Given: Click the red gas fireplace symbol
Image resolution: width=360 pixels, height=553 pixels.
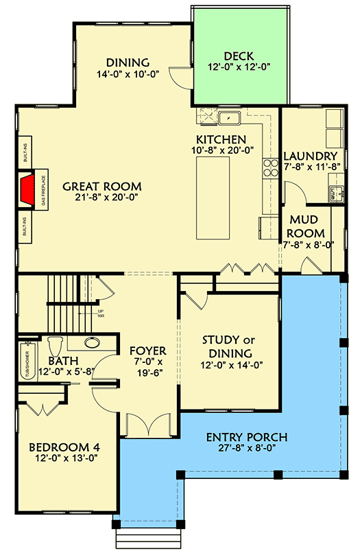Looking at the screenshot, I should pos(28,190).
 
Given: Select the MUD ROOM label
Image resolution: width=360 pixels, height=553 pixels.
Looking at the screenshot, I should pos(307,226).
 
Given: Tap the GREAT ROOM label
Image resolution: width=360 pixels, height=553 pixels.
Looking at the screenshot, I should pos(102,187).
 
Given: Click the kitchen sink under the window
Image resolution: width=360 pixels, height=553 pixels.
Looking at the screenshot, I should pos(228,119).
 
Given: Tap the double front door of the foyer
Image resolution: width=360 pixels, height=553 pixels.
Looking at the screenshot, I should pos(148,425).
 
